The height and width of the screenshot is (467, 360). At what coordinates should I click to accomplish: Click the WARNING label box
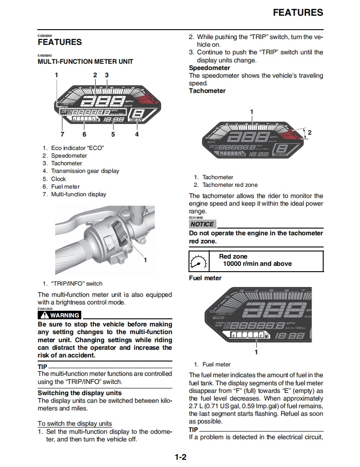click(x=60, y=315)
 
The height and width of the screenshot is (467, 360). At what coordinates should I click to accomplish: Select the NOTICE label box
click(x=202, y=224)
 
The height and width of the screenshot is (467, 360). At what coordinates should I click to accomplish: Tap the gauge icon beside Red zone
click(x=198, y=260)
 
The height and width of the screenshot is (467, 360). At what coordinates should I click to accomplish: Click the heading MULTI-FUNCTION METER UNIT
click(x=85, y=62)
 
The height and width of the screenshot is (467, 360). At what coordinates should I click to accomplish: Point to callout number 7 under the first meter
click(x=62, y=134)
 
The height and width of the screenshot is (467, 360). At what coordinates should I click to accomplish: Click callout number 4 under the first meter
click(x=136, y=134)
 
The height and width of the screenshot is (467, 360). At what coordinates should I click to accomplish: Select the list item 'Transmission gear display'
click(x=85, y=171)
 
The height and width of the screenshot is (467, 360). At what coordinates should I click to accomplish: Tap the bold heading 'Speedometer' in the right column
click(x=209, y=68)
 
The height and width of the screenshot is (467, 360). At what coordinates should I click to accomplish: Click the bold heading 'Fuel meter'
click(x=205, y=278)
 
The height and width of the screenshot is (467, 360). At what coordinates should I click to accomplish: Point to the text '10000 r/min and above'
click(x=257, y=264)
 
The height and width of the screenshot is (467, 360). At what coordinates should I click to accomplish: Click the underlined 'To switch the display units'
click(x=75, y=423)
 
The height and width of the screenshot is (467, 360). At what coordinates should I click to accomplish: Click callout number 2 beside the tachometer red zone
click(x=309, y=132)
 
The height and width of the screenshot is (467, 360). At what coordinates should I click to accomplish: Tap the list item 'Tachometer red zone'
click(x=230, y=185)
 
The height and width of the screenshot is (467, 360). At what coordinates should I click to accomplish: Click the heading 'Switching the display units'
click(x=79, y=393)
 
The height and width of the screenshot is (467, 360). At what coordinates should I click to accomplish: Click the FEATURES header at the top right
click(x=298, y=13)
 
